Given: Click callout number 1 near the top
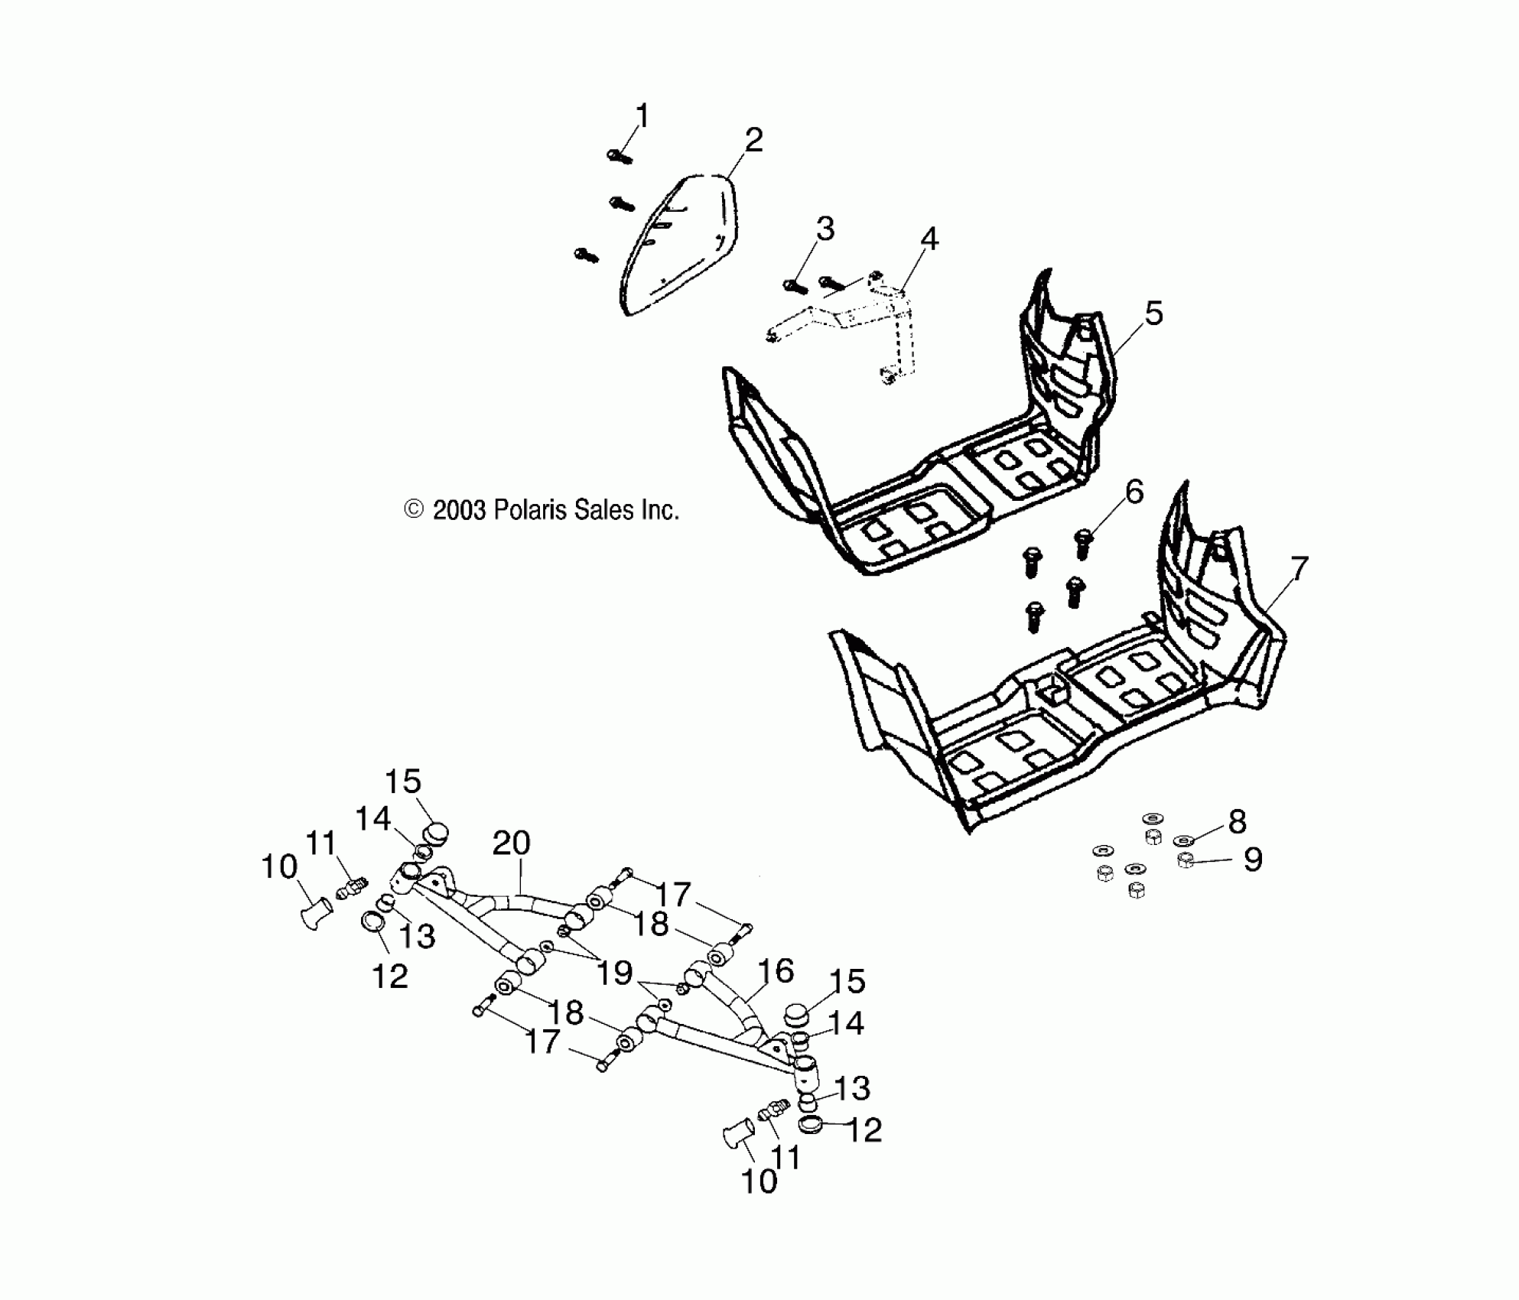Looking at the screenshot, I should pyautogui.click(x=642, y=116).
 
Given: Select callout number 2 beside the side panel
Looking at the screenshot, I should pyautogui.click(x=753, y=140).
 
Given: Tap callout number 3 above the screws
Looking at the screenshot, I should pyautogui.click(x=825, y=229).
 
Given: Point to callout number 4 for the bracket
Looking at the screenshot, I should pyautogui.click(x=929, y=239).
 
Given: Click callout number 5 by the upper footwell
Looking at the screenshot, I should pyautogui.click(x=1153, y=314).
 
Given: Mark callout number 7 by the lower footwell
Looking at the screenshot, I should pyautogui.click(x=1299, y=568).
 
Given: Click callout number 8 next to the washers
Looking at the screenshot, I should pyautogui.click(x=1237, y=821).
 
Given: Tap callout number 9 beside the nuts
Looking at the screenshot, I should pyautogui.click(x=1252, y=860).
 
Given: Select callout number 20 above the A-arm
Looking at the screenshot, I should pyautogui.click(x=511, y=843).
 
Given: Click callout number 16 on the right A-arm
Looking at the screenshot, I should pyautogui.click(x=776, y=970).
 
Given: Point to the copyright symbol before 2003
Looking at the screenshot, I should pyautogui.click(x=414, y=509).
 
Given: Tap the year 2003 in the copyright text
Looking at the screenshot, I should pyautogui.click(x=459, y=510).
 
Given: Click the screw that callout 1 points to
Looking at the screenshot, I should pyautogui.click(x=620, y=157).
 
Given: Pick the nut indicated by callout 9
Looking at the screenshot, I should pyautogui.click(x=1186, y=860).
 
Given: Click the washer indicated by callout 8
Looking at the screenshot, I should pyautogui.click(x=1184, y=840).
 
